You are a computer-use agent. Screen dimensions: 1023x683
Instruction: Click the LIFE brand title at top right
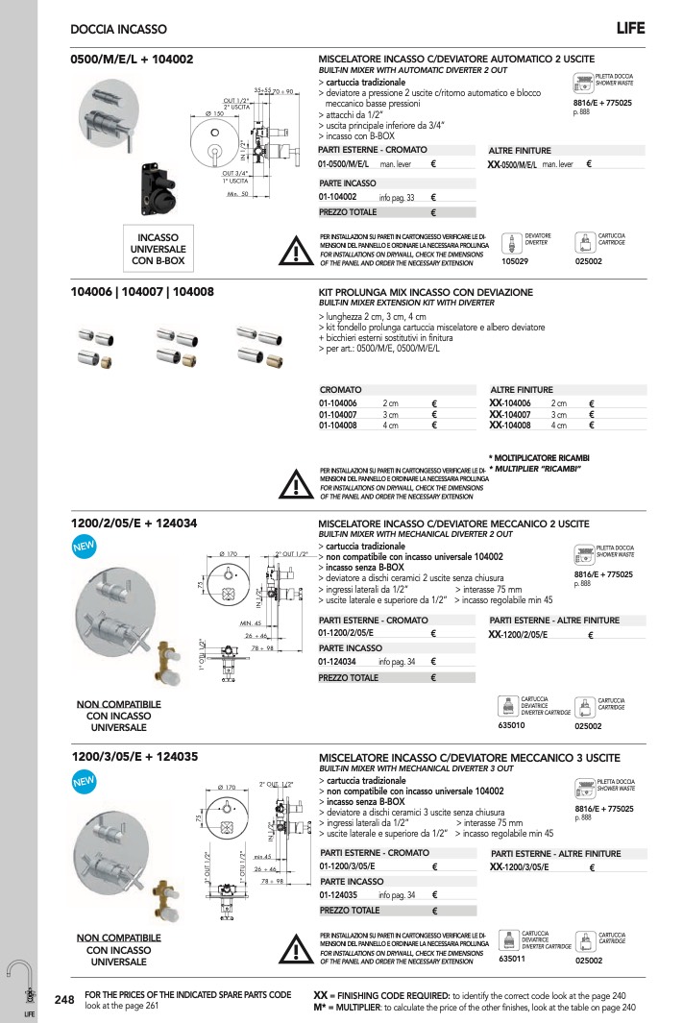[630, 29]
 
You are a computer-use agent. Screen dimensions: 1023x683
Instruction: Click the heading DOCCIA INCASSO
[119, 31]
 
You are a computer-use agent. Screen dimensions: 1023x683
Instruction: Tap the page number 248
[64, 1001]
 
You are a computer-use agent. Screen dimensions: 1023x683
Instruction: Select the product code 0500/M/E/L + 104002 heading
[133, 60]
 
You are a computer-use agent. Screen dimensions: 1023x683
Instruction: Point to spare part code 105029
[516, 259]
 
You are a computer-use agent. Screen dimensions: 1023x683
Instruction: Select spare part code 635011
[513, 960]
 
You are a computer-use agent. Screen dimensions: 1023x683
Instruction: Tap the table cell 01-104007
[338, 414]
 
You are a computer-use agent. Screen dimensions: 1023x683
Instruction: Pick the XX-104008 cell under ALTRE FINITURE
[510, 426]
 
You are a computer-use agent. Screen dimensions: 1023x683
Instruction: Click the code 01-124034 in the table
[338, 662]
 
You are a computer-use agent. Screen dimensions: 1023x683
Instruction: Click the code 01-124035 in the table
[338, 895]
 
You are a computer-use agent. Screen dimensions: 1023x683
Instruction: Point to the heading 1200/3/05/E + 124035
[134, 757]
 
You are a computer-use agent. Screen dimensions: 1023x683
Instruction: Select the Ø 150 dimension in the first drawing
[213, 114]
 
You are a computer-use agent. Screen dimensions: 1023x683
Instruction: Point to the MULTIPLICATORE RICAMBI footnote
[539, 457]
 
